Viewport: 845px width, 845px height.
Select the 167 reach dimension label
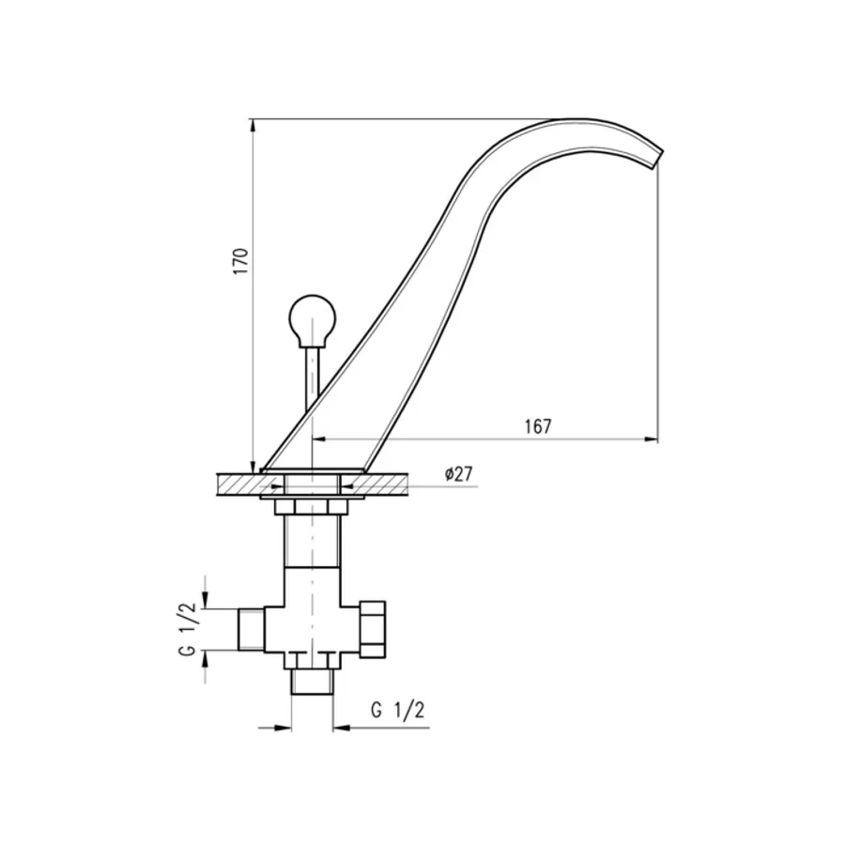point(538,426)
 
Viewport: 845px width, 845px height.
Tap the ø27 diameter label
point(458,474)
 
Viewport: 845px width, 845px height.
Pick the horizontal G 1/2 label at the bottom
point(398,711)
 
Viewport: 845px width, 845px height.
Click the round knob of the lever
point(313,318)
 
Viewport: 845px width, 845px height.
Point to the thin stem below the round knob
point(313,377)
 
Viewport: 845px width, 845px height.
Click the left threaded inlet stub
point(251,629)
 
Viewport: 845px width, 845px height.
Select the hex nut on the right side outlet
point(373,629)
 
